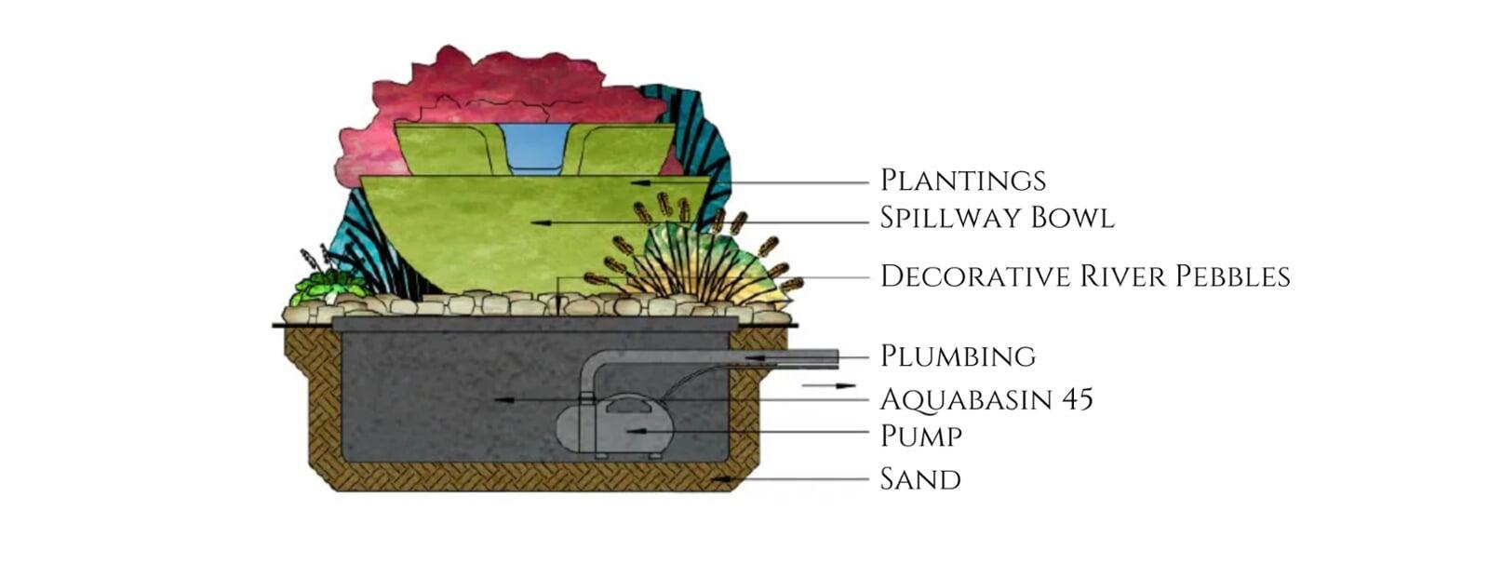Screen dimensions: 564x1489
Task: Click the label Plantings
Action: coord(962,181)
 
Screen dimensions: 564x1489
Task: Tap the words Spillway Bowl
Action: coord(997,218)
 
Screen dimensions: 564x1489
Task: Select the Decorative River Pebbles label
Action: coord(1084,276)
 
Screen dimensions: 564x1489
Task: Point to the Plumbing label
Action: coord(958,356)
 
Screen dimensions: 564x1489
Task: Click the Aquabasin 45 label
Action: coord(986,399)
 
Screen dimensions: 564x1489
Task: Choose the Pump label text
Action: coord(920,436)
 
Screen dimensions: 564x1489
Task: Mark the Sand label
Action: coord(919,479)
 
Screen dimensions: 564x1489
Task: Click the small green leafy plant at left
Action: coord(321,286)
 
